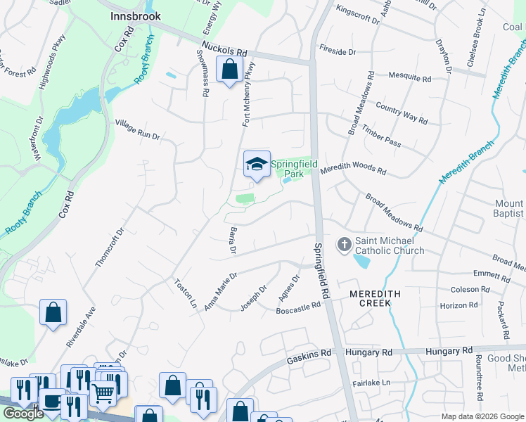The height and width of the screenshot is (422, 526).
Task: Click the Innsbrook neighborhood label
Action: point(136,15)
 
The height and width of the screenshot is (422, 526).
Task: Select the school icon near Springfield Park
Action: point(257,165)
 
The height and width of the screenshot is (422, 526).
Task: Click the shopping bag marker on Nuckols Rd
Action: point(229,70)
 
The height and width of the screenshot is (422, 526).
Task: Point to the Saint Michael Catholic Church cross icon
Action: point(345,244)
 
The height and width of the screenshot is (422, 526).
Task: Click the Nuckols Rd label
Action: point(224,50)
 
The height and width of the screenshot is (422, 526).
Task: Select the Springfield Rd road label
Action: point(322,271)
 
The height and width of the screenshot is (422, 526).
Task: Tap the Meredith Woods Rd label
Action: point(353,170)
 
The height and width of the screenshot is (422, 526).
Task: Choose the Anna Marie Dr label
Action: point(220,292)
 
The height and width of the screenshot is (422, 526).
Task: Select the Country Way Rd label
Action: point(402,113)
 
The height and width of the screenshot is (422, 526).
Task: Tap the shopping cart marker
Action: point(103,395)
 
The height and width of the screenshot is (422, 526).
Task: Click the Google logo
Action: point(23,414)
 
